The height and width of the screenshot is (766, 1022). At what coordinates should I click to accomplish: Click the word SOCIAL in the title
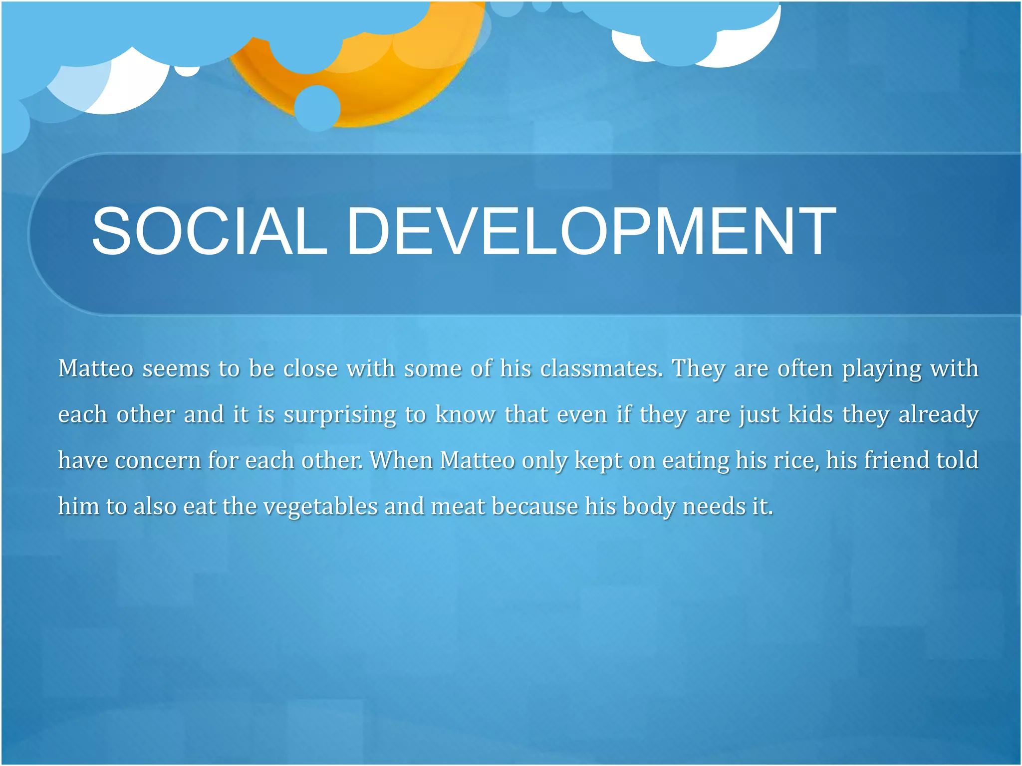click(x=210, y=231)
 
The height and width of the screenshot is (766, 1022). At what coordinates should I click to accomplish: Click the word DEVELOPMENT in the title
click(x=591, y=231)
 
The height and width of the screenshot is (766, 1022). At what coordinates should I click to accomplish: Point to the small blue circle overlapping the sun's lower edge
click(x=317, y=108)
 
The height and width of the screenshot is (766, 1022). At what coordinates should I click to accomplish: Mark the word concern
click(x=158, y=460)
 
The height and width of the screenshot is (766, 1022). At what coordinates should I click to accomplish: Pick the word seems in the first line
click(x=175, y=369)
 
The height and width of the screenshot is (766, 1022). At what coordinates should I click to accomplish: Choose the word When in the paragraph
click(x=401, y=460)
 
